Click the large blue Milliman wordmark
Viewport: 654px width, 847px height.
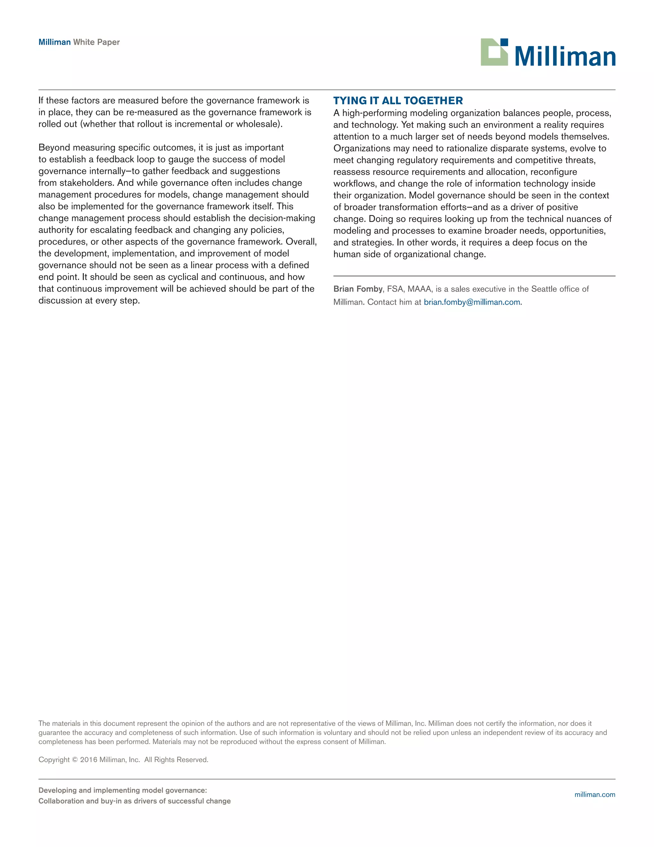tap(565, 57)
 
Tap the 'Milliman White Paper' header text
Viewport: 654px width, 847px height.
tap(79, 42)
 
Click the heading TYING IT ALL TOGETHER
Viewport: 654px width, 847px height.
tap(398, 101)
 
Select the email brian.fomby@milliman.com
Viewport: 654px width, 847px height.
tap(472, 302)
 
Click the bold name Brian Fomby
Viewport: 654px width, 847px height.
tap(358, 289)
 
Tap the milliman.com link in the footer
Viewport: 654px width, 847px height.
tap(595, 795)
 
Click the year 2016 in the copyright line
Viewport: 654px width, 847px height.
tap(89, 760)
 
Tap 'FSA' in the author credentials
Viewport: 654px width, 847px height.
tap(395, 289)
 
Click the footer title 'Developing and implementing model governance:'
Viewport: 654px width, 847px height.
tap(122, 790)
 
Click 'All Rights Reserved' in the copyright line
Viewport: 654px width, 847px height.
tap(176, 760)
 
